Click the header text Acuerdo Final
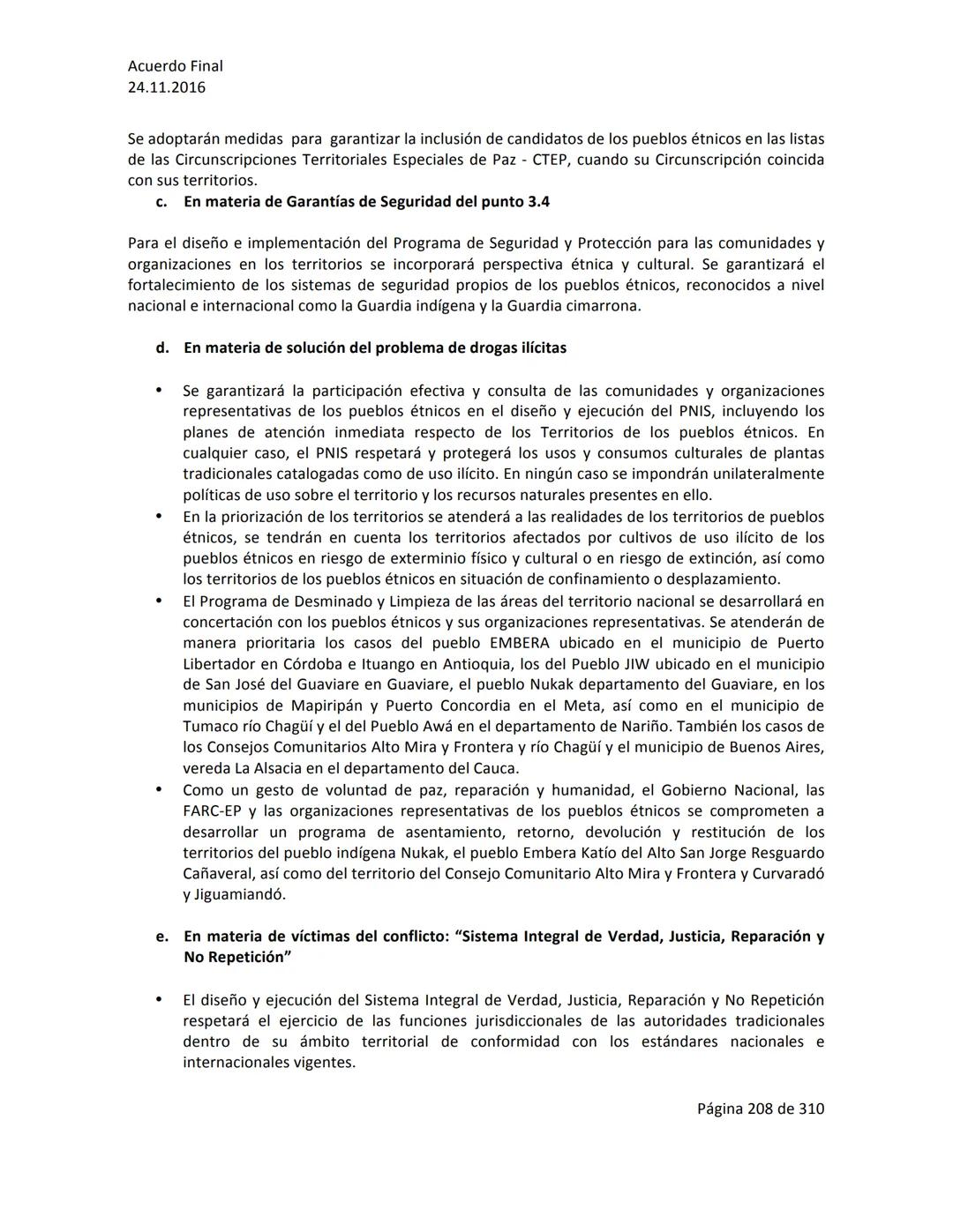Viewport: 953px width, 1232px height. (175, 66)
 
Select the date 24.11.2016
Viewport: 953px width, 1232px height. (166, 87)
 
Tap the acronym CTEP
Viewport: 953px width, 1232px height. (551, 160)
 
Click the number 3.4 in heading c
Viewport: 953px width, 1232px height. (537, 202)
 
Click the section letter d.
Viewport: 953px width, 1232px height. (161, 347)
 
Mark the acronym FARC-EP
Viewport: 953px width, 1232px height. (212, 811)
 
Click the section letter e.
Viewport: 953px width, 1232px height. (161, 937)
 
